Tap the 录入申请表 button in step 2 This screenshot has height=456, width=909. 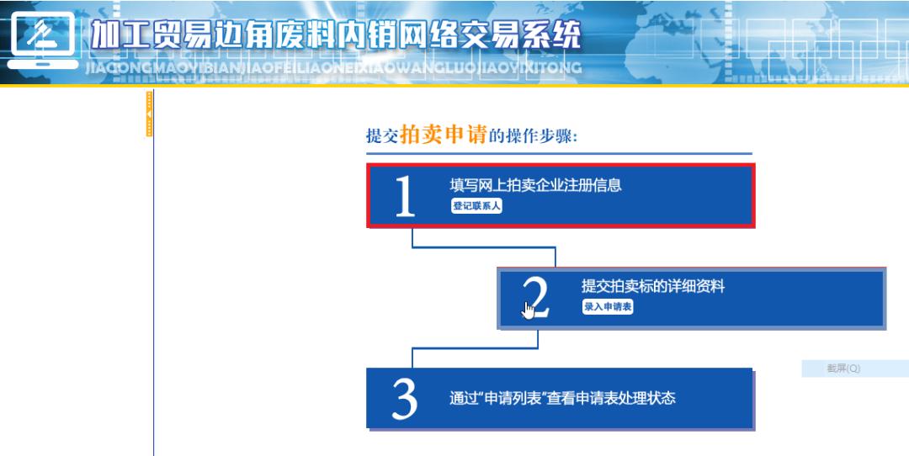click(x=608, y=307)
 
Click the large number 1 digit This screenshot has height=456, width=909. click(x=405, y=197)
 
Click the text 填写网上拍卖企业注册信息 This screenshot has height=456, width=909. click(x=535, y=185)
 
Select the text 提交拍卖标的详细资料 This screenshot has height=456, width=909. click(x=652, y=286)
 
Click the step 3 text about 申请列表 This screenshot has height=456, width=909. click(x=562, y=397)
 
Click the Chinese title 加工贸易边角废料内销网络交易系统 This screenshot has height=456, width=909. click(x=335, y=34)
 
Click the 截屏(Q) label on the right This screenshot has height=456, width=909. click(x=843, y=369)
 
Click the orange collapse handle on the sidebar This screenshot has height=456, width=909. click(x=150, y=113)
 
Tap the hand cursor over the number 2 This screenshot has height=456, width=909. click(x=528, y=309)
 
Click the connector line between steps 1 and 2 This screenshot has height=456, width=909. click(x=484, y=247)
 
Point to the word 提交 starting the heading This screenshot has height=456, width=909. click(x=381, y=136)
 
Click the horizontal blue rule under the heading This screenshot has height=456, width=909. click(x=558, y=154)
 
